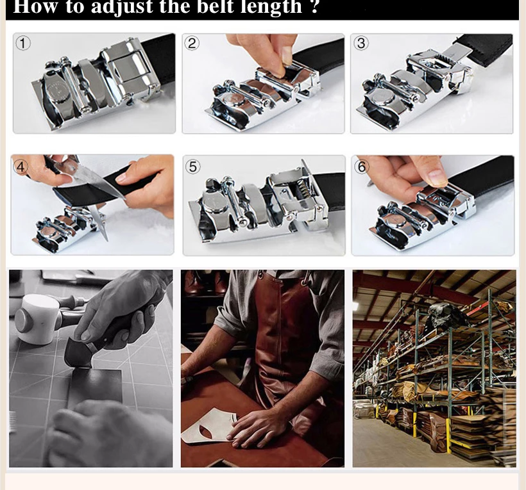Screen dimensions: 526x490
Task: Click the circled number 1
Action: [x=23, y=44]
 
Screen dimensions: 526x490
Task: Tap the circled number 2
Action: [x=192, y=44]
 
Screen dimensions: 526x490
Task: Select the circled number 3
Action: [x=361, y=43]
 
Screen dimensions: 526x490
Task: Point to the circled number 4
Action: [x=21, y=167]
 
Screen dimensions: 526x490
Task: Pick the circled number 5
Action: [x=193, y=167]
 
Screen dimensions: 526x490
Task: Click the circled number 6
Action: [x=362, y=167]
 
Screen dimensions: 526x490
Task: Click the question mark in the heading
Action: [x=314, y=6]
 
